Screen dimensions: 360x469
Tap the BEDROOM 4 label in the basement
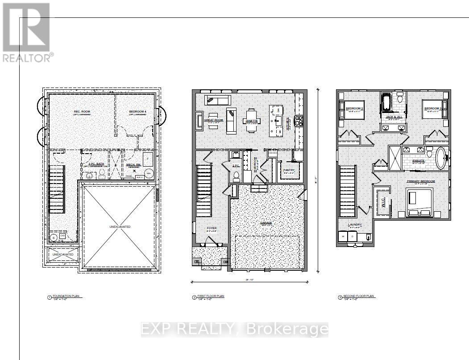pyautogui.click(x=136, y=112)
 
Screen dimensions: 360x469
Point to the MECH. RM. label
pyautogui.click(x=133, y=164)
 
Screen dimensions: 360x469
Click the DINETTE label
pyautogui.click(x=253, y=121)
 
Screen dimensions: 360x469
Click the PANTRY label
pyautogui.click(x=289, y=170)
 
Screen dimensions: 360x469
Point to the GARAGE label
pyautogui.click(x=267, y=222)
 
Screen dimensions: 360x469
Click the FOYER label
pyautogui.click(x=212, y=228)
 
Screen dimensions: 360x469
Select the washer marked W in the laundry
pyautogui.click(x=343, y=236)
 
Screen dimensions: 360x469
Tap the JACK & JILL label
pyautogui.click(x=393, y=117)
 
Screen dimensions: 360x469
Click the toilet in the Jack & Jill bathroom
pyautogui.click(x=400, y=99)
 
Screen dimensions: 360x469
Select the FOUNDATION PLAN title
pyautogui.click(x=65, y=296)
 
